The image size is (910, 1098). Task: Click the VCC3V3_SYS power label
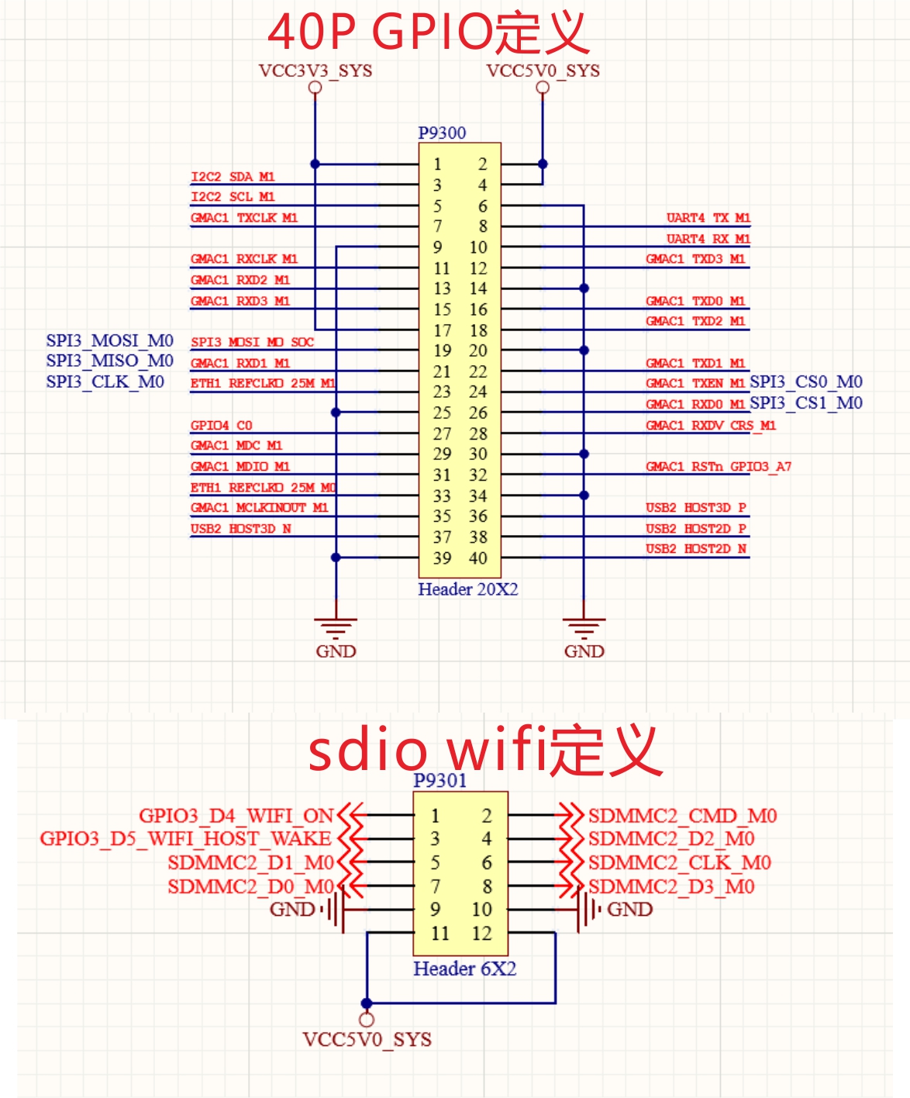[315, 71]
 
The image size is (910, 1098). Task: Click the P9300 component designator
[442, 133]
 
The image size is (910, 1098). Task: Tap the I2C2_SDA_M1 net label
[233, 177]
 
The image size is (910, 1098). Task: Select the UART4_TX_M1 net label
[708, 218]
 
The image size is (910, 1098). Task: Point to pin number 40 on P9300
[478, 558]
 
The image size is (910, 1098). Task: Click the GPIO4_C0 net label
[221, 425]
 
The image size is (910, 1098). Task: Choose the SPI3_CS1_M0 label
[806, 402]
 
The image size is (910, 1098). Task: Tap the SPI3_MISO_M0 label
[109, 361]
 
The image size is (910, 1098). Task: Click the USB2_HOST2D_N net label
[696, 549]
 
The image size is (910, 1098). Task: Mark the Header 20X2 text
[467, 589]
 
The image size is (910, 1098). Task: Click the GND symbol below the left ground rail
[336, 636]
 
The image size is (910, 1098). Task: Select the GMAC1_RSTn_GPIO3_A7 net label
[719, 466]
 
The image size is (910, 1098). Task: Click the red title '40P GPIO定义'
[428, 32]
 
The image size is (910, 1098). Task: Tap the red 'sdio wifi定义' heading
[484, 750]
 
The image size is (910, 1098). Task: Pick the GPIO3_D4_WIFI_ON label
[236, 816]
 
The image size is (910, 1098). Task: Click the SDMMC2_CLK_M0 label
[679, 862]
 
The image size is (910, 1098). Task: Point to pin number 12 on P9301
[481, 933]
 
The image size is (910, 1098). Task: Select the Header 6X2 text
[464, 969]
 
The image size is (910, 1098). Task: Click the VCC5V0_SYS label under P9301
[367, 1039]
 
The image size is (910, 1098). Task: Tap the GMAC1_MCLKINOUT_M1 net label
[259, 508]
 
